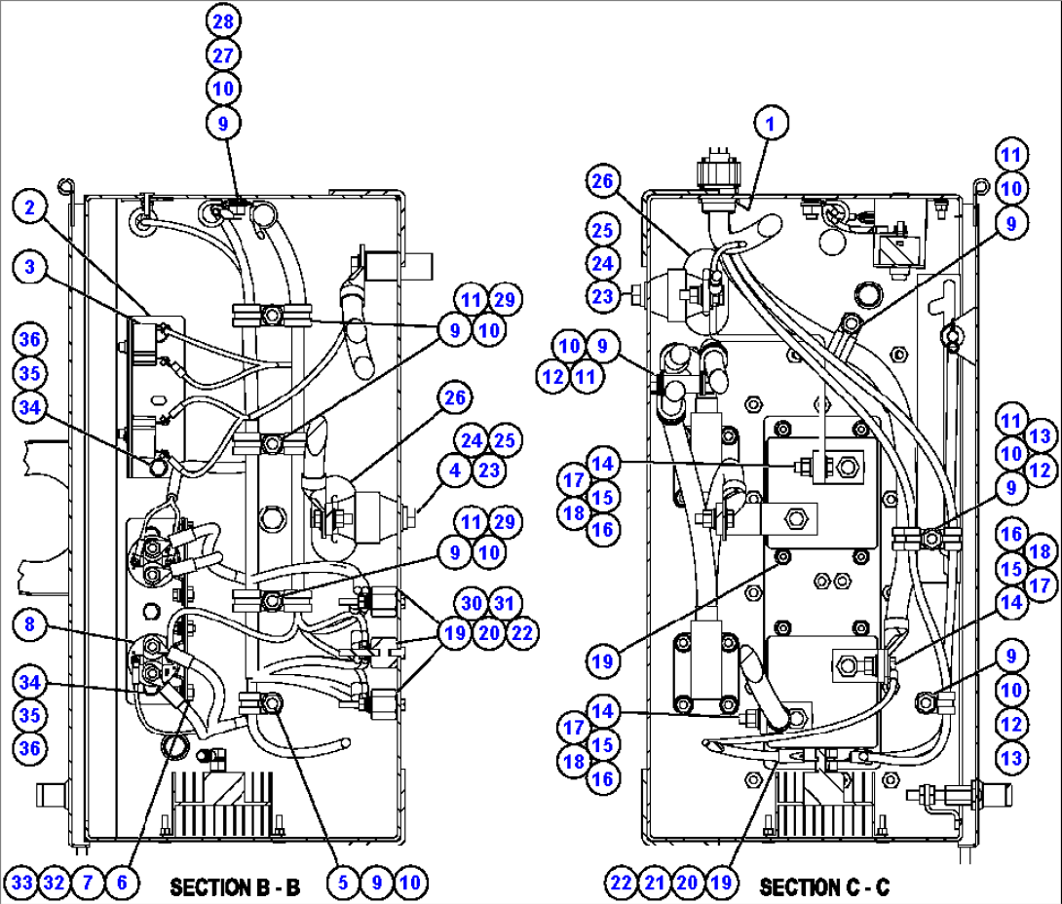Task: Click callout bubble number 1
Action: (x=770, y=124)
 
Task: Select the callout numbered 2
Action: (x=30, y=207)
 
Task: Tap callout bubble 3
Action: (x=30, y=266)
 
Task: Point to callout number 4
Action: (x=454, y=470)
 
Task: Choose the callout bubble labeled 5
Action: (x=343, y=883)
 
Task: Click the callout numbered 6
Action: (x=122, y=883)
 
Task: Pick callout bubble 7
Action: (x=88, y=883)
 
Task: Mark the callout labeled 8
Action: (x=30, y=623)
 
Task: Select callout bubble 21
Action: (x=655, y=883)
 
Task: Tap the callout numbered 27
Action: (x=223, y=55)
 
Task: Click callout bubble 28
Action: (x=223, y=21)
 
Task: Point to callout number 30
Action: (x=472, y=603)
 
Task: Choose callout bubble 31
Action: (x=505, y=603)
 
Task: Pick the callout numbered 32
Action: (x=55, y=883)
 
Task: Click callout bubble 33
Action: (x=21, y=883)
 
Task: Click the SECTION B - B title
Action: (x=235, y=886)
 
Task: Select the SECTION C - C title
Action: (x=824, y=886)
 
